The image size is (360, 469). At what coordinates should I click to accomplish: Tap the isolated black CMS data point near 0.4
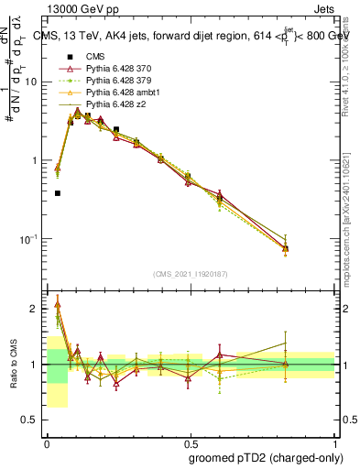click(58, 193)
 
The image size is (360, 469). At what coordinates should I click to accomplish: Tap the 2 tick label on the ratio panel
click(37, 309)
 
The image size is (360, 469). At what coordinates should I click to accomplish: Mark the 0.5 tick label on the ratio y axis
click(32, 420)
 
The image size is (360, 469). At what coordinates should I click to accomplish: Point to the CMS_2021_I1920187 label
click(191, 273)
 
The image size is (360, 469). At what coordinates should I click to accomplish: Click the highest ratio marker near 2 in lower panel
click(58, 304)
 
